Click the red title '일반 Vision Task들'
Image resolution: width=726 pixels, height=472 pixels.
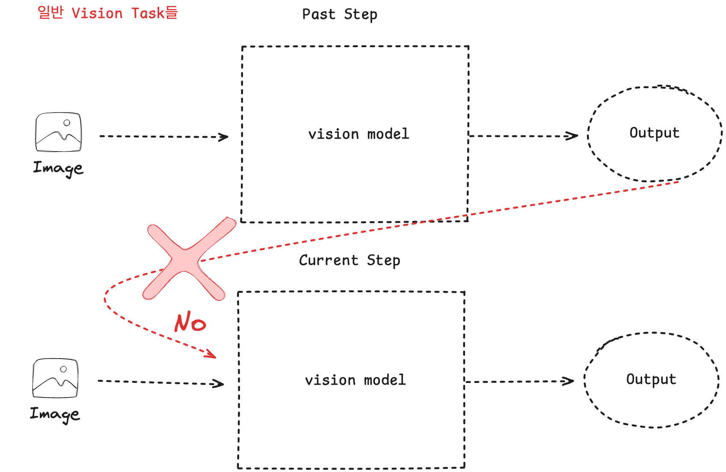(107, 13)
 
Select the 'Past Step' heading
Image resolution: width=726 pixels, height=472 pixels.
(340, 15)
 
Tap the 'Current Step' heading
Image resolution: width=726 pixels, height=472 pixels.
(350, 260)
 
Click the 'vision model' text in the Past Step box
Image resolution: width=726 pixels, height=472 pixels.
(359, 134)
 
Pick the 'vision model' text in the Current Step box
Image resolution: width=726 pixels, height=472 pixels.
(355, 380)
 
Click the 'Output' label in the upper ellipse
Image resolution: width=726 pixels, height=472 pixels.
(654, 133)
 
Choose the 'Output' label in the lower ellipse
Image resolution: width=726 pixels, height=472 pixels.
(651, 379)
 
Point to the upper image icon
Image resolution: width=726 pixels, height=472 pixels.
(59, 132)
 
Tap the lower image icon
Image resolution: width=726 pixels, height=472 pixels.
(56, 378)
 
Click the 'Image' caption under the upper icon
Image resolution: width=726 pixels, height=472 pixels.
(58, 168)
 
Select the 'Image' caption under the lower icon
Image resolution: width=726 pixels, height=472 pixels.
(55, 414)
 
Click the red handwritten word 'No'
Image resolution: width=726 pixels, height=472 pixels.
(190, 322)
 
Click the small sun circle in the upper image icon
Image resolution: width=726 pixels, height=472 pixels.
(67, 123)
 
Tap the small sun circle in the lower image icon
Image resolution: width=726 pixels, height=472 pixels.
(63, 369)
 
